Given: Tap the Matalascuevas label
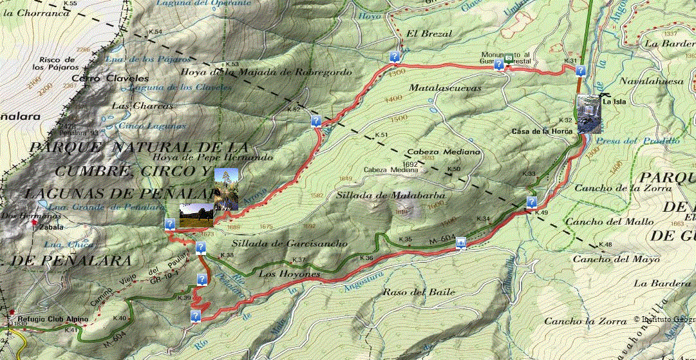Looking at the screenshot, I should tap(445, 88).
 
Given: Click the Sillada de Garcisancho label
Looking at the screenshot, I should tap(290, 243).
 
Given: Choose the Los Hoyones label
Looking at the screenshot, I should tap(289, 274).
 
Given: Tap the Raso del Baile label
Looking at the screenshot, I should tap(410, 292).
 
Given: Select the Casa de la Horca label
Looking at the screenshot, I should tap(542, 132).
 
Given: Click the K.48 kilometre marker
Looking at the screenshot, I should tap(605, 245).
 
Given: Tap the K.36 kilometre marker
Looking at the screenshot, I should tap(366, 258).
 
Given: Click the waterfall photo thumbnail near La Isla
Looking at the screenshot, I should tap(588, 114).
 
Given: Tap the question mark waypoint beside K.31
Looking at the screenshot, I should tap(580, 71).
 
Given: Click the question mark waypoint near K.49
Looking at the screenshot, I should tap(531, 202).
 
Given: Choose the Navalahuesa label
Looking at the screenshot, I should tap(647, 82).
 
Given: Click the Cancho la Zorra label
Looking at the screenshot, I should tap(585, 321).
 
